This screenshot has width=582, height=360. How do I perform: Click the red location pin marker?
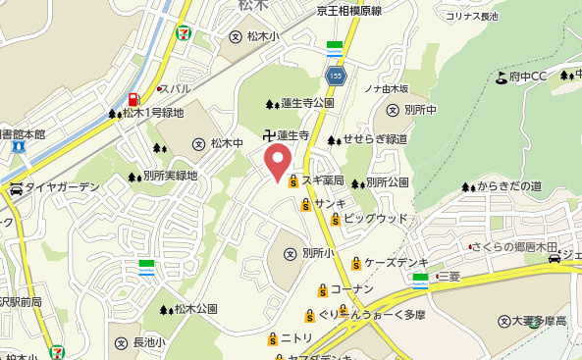coord(278,163)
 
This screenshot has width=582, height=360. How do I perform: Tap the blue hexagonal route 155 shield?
coord(337,75)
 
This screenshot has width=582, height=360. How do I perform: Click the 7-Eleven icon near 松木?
coord(183,31)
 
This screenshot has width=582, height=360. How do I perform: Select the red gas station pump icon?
coord(132,98)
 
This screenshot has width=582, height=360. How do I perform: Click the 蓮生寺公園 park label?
coord(307,103)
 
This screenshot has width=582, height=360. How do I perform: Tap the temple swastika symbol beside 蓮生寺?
coord(268,134)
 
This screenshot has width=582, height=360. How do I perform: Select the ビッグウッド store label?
coord(375,218)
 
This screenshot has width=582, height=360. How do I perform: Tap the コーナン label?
coord(351,289)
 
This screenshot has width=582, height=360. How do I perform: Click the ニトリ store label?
coord(296,338)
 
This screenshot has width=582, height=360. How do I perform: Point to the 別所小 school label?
coord(318,253)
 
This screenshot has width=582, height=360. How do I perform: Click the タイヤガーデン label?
coord(62,187)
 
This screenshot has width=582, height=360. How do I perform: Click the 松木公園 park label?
coord(196,309)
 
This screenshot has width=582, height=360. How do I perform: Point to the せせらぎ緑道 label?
coord(375,140)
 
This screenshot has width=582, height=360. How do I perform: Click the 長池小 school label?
coord(148,342)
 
